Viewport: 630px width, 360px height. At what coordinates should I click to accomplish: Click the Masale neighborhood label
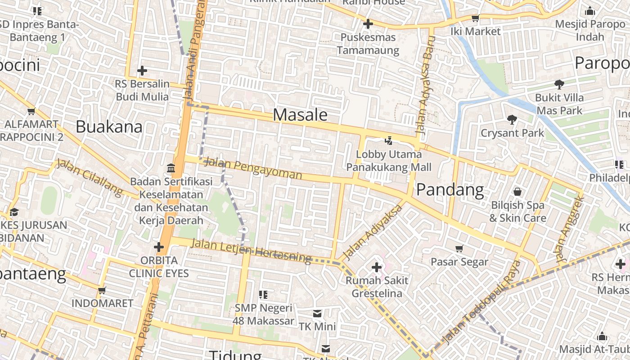click(x=300, y=115)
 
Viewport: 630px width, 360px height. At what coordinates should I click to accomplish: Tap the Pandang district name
click(x=450, y=190)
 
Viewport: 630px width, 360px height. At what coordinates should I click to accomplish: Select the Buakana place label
click(x=109, y=126)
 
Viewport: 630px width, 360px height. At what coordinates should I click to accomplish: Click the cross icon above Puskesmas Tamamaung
click(x=368, y=24)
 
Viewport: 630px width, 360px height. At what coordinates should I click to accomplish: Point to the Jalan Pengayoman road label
click(x=252, y=168)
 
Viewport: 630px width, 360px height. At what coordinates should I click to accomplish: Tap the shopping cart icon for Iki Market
click(x=475, y=18)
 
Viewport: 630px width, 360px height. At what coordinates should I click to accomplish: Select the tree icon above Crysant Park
click(x=512, y=120)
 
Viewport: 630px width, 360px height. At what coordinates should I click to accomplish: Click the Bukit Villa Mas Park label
click(x=559, y=104)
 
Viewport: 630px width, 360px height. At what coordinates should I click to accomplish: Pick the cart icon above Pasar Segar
click(x=459, y=249)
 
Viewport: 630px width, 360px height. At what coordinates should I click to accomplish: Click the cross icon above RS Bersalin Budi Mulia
click(x=142, y=71)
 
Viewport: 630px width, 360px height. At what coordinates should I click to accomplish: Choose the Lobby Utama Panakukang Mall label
click(x=389, y=161)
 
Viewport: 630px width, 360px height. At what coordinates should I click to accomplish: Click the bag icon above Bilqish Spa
click(x=517, y=192)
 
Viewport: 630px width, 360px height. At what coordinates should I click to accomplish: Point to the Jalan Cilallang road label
click(x=89, y=177)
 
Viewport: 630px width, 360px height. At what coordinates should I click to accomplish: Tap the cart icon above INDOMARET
click(x=102, y=290)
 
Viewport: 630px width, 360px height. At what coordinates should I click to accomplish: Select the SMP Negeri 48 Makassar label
click(x=263, y=315)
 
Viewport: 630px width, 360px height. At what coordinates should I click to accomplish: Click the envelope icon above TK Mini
click(x=317, y=313)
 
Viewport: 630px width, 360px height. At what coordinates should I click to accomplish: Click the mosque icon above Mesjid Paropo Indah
click(x=589, y=11)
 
